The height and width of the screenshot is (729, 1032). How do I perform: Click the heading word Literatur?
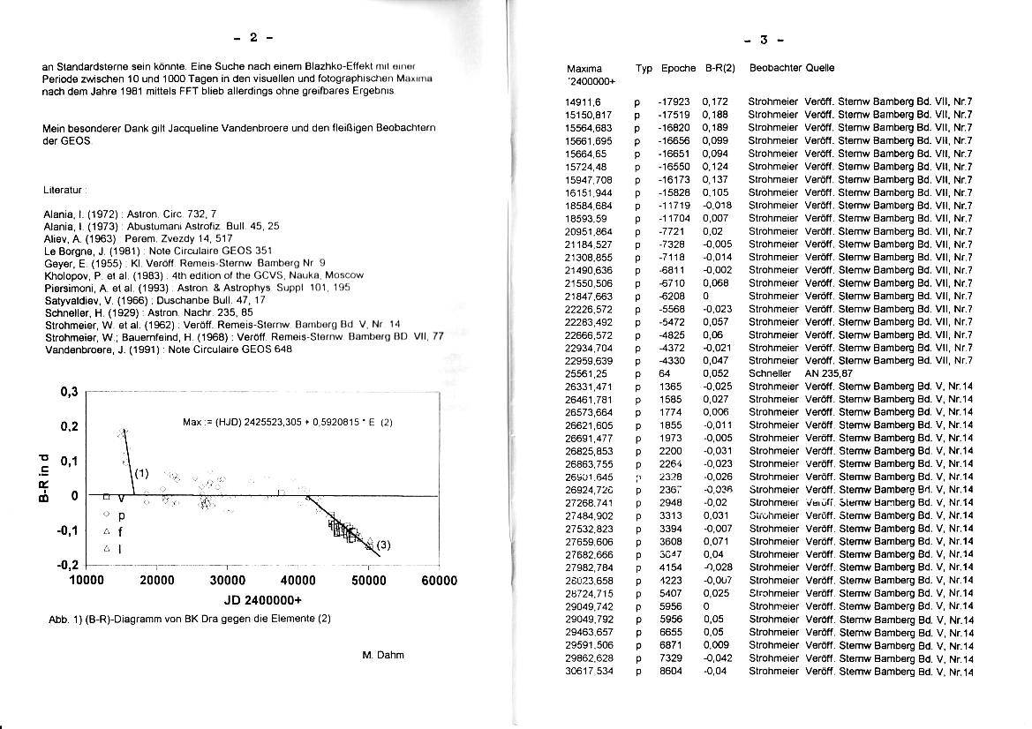pyautogui.click(x=63, y=190)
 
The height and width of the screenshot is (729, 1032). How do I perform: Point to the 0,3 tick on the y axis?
pyautogui.click(x=69, y=393)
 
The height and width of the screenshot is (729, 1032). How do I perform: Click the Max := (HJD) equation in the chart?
pyautogui.click(x=287, y=422)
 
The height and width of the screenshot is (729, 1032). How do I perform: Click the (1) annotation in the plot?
pyautogui.click(x=141, y=472)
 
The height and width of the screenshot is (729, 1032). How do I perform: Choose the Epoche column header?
pyautogui.click(x=678, y=68)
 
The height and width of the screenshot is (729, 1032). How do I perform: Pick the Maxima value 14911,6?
pyautogui.click(x=584, y=102)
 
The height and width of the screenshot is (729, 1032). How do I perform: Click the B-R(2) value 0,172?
pyautogui.click(x=715, y=102)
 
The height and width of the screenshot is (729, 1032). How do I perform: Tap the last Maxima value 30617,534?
pyautogui.click(x=589, y=672)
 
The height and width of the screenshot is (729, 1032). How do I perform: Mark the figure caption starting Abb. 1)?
pyautogui.click(x=190, y=619)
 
